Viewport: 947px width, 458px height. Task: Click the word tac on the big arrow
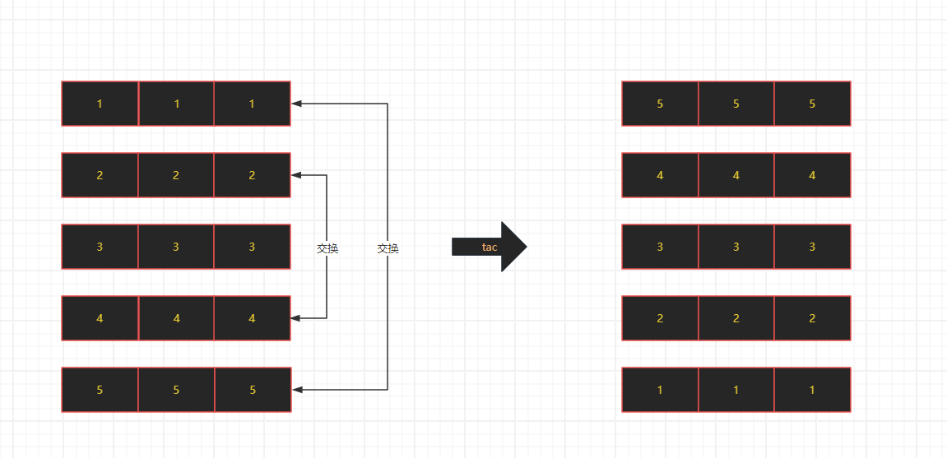pos(490,247)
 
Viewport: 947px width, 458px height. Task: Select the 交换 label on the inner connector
pos(327,248)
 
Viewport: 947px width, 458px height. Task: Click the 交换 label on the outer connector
pos(388,248)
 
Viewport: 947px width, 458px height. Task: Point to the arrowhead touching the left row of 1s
pos(297,104)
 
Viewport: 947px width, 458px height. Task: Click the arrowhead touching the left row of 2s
pos(297,175)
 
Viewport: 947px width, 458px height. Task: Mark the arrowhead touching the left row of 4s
pos(297,318)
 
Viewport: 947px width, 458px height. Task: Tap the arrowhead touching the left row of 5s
pos(297,390)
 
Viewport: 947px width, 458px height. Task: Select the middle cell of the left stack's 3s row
pos(176,247)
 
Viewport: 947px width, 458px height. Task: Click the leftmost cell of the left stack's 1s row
pos(100,104)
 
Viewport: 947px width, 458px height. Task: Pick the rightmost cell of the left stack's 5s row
pos(253,390)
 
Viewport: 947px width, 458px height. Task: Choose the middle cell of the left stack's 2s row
pos(176,175)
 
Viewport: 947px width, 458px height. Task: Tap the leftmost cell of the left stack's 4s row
pos(100,318)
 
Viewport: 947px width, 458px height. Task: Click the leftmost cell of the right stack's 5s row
pos(660,104)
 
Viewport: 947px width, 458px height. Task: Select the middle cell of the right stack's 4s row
pos(736,175)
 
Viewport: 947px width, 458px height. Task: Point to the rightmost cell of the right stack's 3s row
pos(812,247)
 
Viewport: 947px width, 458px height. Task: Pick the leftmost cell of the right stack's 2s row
pos(660,318)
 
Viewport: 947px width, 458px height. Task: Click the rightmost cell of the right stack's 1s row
pos(812,390)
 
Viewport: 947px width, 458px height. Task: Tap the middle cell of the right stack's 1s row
pos(736,390)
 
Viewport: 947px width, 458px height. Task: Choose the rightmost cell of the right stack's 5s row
pos(812,104)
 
